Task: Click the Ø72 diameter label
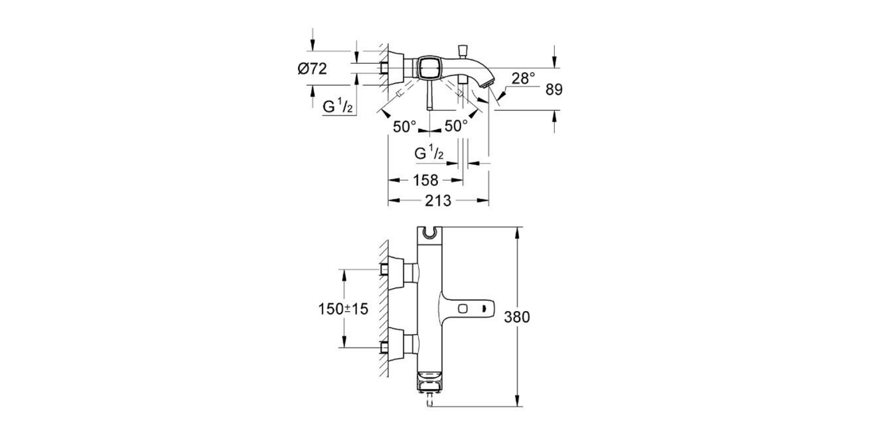312,68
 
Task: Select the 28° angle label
523,79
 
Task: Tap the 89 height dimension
553,90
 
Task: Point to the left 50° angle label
405,126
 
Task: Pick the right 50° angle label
456,126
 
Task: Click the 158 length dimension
426,181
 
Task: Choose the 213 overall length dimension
439,201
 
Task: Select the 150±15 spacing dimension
343,308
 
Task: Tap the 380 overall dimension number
518,317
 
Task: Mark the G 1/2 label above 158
430,154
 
